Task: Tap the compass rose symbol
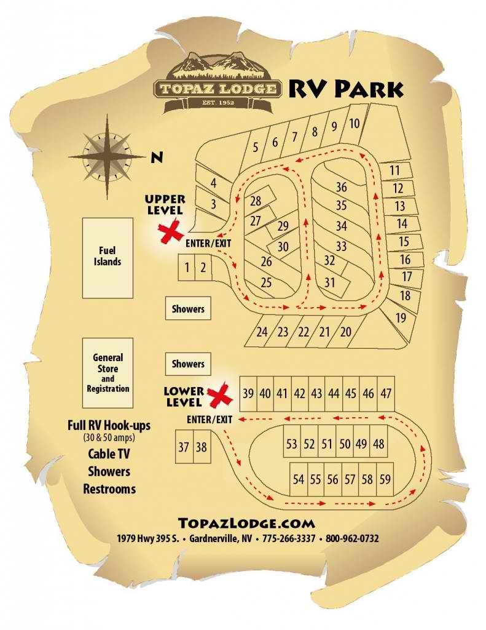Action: tap(108, 156)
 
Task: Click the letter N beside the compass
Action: tap(157, 157)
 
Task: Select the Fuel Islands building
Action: tap(108, 257)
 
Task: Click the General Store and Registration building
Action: tap(108, 373)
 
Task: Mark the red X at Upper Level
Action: tap(171, 233)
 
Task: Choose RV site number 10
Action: tap(354, 124)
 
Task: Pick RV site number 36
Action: tap(342, 187)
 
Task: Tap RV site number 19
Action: tap(401, 318)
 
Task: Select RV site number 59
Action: tap(385, 479)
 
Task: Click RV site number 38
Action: tap(201, 447)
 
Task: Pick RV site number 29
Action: tap(283, 226)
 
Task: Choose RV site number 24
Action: tap(262, 332)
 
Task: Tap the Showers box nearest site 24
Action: tap(188, 309)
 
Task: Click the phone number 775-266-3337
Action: tap(289, 538)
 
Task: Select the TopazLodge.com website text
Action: tap(246, 524)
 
